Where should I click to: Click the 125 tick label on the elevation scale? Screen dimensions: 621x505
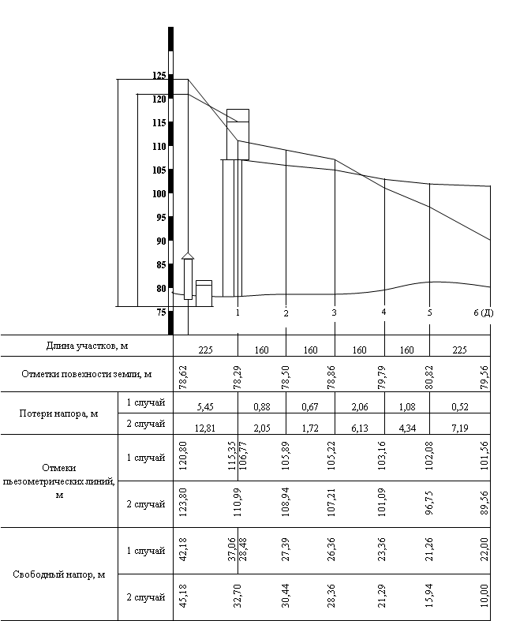pyautogui.click(x=159, y=76)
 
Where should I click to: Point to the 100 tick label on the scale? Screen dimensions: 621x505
pyautogui.click(x=159, y=194)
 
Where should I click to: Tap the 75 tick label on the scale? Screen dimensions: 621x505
pyautogui.click(x=161, y=312)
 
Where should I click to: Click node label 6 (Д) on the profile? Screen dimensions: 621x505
pyautogui.click(x=483, y=313)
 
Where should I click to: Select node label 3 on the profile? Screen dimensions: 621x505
pyautogui.click(x=335, y=313)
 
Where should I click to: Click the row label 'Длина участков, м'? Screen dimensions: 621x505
pyautogui.click(x=87, y=346)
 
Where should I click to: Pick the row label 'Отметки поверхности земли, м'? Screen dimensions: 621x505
pyautogui.click(x=87, y=373)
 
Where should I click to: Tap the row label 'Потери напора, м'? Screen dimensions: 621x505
pyautogui.click(x=61, y=413)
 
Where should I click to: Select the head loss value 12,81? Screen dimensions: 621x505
pyautogui.click(x=204, y=426)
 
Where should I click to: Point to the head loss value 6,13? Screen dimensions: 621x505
pyautogui.click(x=359, y=426)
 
